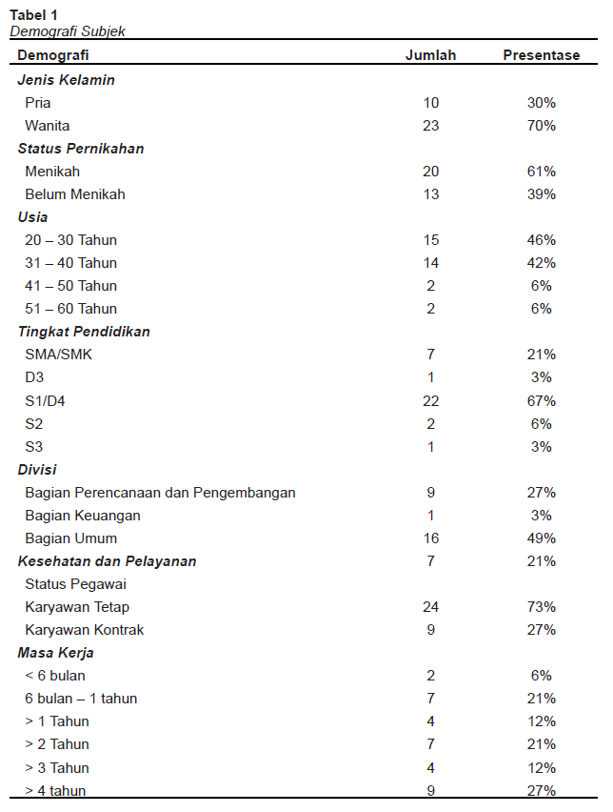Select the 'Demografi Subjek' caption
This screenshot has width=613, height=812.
pyautogui.click(x=68, y=30)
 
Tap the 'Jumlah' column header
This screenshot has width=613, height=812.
pyautogui.click(x=430, y=55)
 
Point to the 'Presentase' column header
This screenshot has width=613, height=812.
pyautogui.click(x=541, y=55)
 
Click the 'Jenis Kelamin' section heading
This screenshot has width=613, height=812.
pyautogui.click(x=66, y=80)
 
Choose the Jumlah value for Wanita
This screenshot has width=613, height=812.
pyautogui.click(x=430, y=126)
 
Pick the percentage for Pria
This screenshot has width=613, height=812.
pyautogui.click(x=541, y=103)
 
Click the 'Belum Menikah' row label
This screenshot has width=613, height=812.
pyautogui.click(x=75, y=194)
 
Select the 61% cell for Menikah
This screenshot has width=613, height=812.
pyautogui.click(x=541, y=172)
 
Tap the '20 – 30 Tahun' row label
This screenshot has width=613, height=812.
pyautogui.click(x=71, y=240)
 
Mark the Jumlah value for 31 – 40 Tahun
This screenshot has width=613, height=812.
pyautogui.click(x=430, y=263)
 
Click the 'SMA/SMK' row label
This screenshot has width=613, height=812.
pyautogui.click(x=59, y=355)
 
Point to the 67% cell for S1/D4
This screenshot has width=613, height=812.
pyautogui.click(x=541, y=400)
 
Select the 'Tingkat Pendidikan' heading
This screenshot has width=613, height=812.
pyautogui.click(x=84, y=332)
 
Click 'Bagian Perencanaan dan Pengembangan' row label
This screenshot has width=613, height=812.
pyautogui.click(x=160, y=493)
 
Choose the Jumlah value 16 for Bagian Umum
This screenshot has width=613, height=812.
pyautogui.click(x=430, y=538)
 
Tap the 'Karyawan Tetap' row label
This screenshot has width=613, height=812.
pyautogui.click(x=77, y=607)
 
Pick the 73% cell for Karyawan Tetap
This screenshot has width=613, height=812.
pyautogui.click(x=541, y=607)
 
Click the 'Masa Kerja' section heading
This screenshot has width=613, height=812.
pyautogui.click(x=55, y=653)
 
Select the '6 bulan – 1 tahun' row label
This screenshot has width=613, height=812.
pyautogui.click(x=81, y=699)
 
